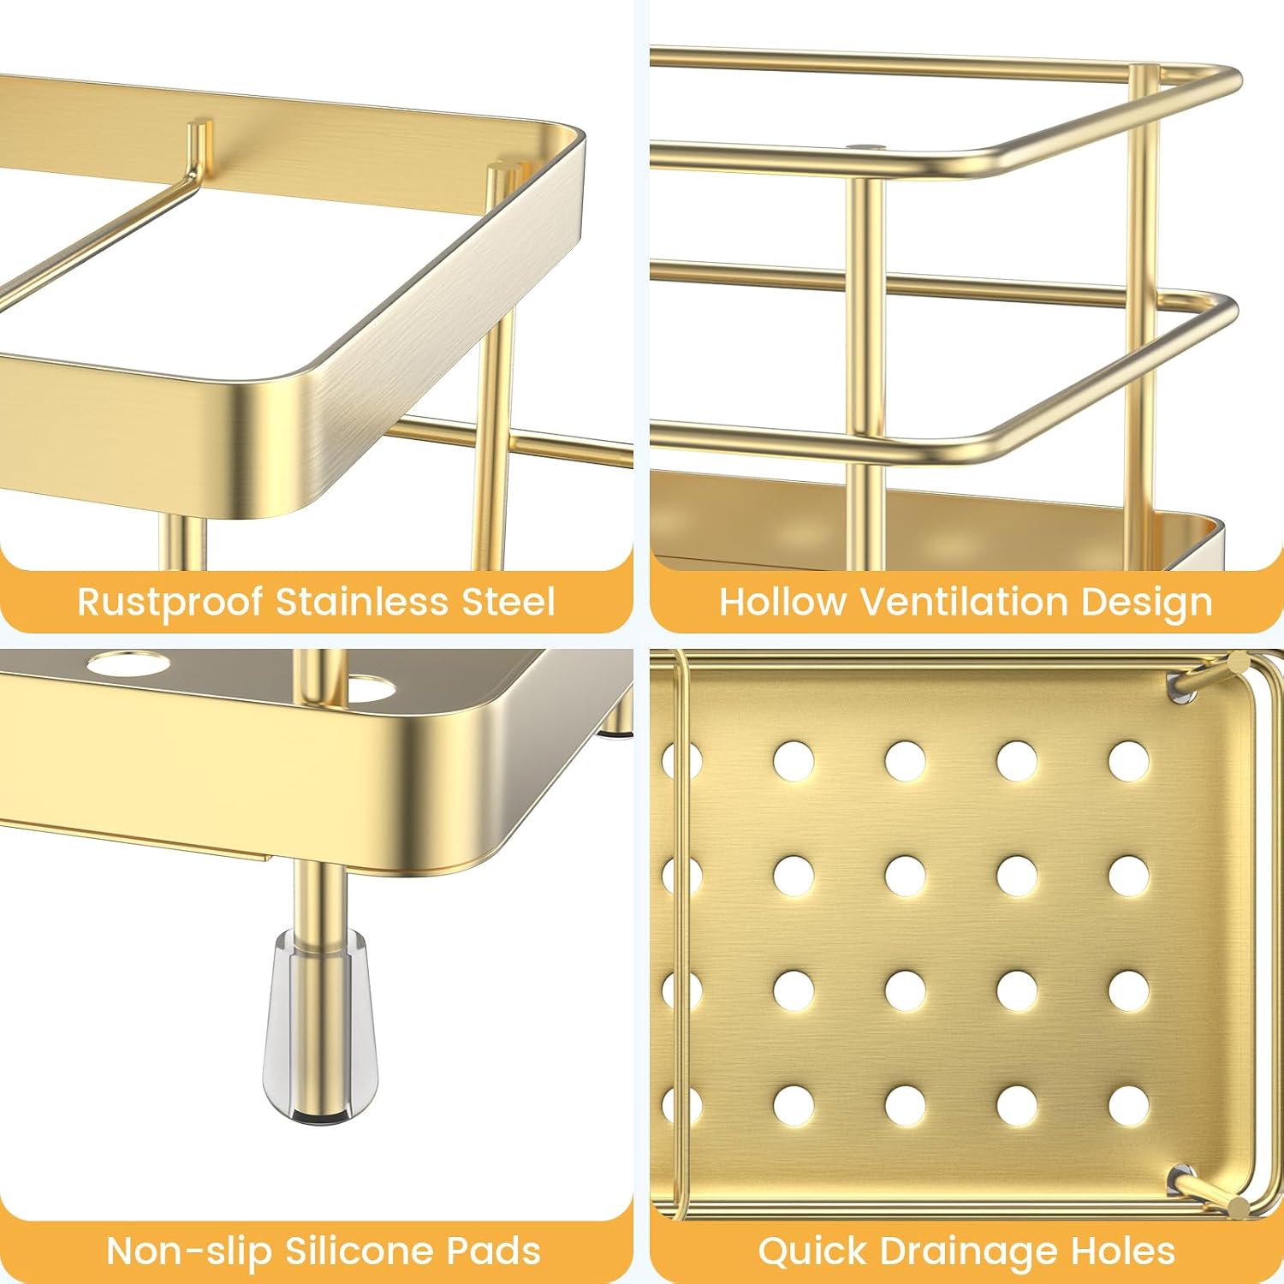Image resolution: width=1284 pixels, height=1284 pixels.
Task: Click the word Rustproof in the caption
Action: coord(169,603)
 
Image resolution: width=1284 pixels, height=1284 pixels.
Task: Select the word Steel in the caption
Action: coord(508,601)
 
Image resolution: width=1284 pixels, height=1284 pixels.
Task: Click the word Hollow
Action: coord(782,601)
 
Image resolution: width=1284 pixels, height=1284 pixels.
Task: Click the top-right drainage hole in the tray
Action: coord(1128,761)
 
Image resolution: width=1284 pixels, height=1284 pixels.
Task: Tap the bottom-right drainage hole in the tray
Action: coord(1128,1105)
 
